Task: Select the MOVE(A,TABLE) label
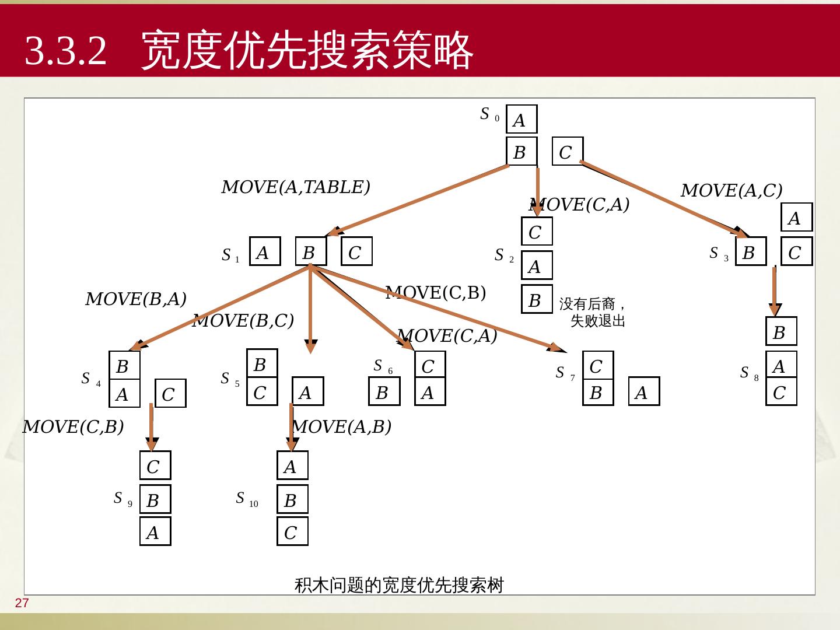[x=296, y=187]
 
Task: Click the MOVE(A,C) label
[x=731, y=191]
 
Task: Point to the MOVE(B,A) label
[x=136, y=299]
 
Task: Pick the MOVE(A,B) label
[x=342, y=427]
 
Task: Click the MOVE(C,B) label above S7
[x=436, y=293]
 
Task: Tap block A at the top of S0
[x=521, y=120]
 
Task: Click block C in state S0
[x=566, y=152]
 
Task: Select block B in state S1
[x=310, y=252]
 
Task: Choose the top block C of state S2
[x=536, y=232]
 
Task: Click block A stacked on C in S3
[x=796, y=218]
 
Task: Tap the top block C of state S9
[x=155, y=466]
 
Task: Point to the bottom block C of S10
[x=292, y=532]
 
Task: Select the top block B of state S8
[x=780, y=332]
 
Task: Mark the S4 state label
[x=90, y=379]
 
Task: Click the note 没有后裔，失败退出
[x=593, y=312]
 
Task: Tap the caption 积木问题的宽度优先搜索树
[x=399, y=584]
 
